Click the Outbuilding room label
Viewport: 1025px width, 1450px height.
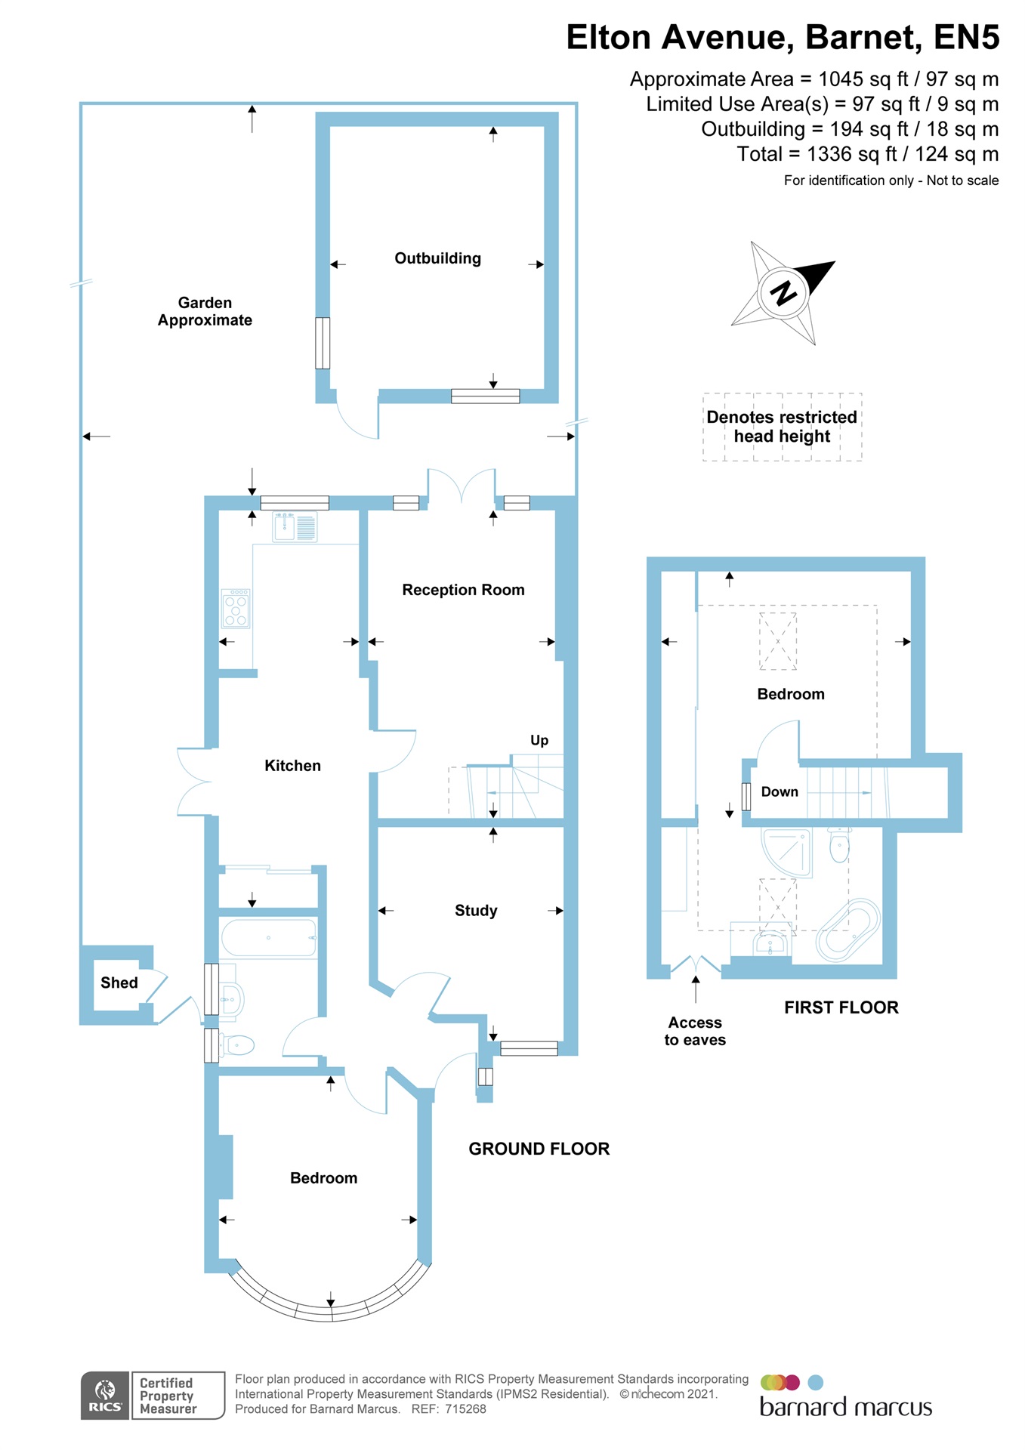point(437,258)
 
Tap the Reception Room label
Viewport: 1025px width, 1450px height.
point(463,590)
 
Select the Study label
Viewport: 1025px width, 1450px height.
point(476,911)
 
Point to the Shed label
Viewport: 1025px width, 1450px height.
point(119,983)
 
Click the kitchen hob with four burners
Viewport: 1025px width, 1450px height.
point(236,608)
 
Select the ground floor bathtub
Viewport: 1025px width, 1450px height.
point(268,938)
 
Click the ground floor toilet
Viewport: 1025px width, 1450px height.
point(237,1045)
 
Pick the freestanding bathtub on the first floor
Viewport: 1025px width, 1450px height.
point(848,930)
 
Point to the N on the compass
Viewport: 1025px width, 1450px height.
point(783,292)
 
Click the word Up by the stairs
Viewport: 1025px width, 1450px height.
point(539,740)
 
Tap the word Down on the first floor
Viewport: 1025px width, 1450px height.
point(780,791)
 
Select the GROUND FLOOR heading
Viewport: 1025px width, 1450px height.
point(539,1149)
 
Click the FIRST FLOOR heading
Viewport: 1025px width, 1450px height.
point(841,1007)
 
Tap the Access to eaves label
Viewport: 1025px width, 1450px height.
point(695,1031)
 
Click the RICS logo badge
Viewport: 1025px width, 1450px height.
point(105,1395)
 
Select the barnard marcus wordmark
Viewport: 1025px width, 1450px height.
point(845,1407)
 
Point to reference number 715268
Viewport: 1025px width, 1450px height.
point(465,1408)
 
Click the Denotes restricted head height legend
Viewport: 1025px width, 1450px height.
point(782,427)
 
